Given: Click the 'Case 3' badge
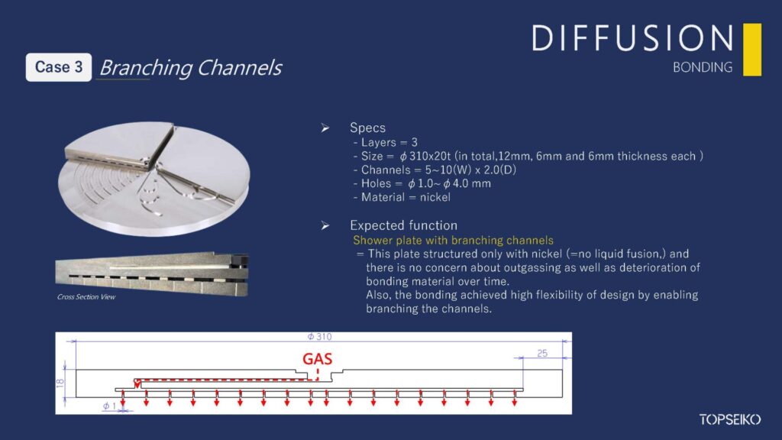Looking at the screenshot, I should coord(59,67).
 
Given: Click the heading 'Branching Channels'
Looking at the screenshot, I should coord(190,68).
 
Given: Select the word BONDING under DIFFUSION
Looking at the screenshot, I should coord(703,67).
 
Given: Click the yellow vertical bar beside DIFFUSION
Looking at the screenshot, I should coord(751,50).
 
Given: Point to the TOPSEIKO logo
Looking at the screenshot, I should coord(729,419).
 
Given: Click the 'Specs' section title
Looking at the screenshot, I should coord(367,128).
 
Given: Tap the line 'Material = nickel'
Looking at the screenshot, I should coord(402,197).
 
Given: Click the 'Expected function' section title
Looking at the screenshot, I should coord(403,225).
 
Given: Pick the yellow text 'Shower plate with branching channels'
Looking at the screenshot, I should coord(453,240).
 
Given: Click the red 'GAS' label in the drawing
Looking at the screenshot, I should coord(317,358).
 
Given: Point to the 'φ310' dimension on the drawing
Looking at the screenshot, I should coord(318,337).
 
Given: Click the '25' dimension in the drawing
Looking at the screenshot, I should coord(542,354).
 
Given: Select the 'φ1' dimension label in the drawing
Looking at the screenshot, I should coord(109,407).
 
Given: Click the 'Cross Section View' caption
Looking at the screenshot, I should coord(86,296).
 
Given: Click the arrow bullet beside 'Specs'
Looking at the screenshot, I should coord(325,128).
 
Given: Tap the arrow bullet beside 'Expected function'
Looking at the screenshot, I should coord(325,225).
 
